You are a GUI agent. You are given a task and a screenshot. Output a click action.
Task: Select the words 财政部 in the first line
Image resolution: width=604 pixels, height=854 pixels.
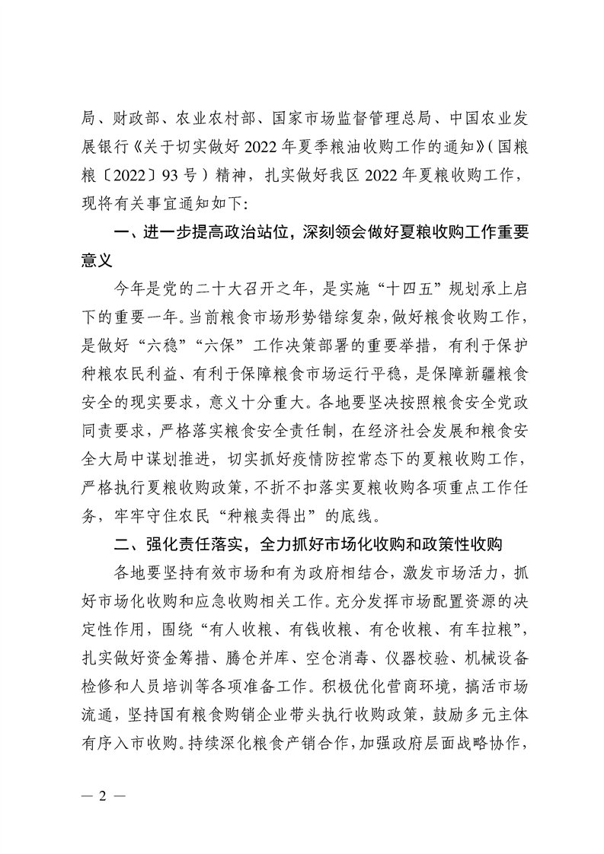point(130,117)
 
